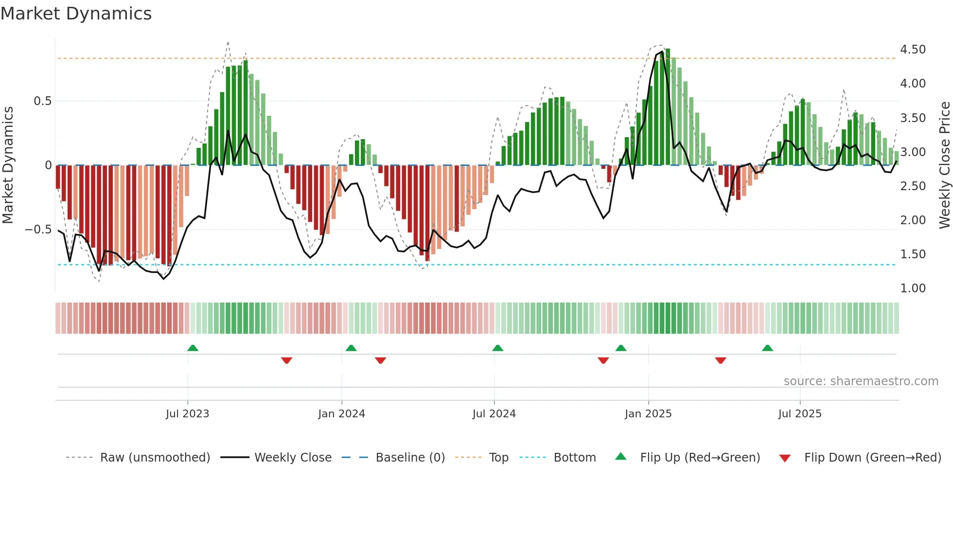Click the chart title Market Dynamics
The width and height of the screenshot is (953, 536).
(76, 14)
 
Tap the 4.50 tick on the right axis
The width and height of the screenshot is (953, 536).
(913, 50)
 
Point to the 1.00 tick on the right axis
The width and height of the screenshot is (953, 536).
(913, 288)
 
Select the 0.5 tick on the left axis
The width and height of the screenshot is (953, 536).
(42, 101)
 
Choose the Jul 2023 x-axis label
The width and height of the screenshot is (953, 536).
(187, 414)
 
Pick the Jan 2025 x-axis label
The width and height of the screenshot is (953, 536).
(648, 414)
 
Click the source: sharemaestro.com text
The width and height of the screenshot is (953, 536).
(861, 381)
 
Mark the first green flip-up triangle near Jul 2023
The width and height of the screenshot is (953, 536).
(193, 348)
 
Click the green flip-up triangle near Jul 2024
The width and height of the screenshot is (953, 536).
(497, 348)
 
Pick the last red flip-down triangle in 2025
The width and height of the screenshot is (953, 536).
(721, 360)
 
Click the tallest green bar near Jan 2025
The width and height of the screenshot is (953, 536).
(668, 107)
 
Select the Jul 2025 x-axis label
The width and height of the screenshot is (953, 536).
(799, 414)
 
